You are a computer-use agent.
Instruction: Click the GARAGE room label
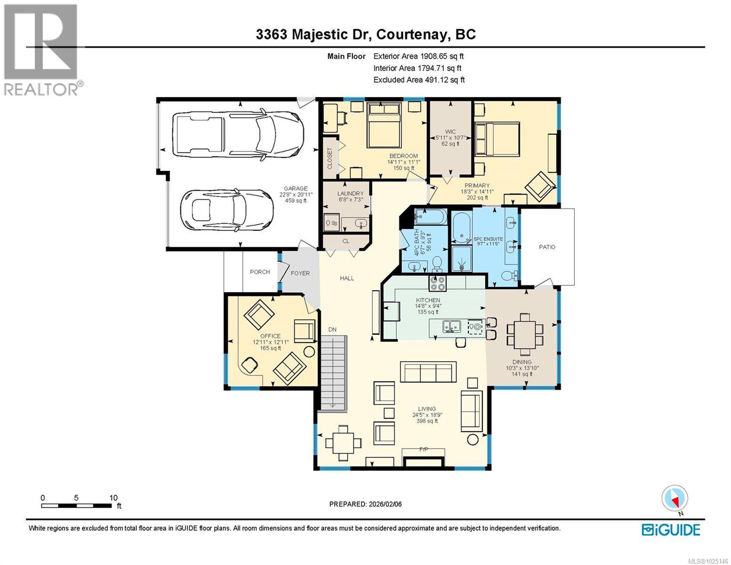click(296, 188)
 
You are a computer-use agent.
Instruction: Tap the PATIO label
click(547, 247)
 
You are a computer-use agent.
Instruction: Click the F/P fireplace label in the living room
click(424, 450)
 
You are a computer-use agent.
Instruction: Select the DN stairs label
click(332, 329)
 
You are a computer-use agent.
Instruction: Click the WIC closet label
click(450, 131)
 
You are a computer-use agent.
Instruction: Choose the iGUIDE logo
click(671, 530)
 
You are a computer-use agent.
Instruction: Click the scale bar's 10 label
click(113, 498)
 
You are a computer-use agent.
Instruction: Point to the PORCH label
click(260, 272)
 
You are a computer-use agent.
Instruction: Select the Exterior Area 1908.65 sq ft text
click(418, 56)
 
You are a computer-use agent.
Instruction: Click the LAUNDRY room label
click(350, 194)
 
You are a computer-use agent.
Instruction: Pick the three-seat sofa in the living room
click(428, 372)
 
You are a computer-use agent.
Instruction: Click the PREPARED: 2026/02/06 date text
click(365, 504)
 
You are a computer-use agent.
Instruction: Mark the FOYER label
click(300, 273)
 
